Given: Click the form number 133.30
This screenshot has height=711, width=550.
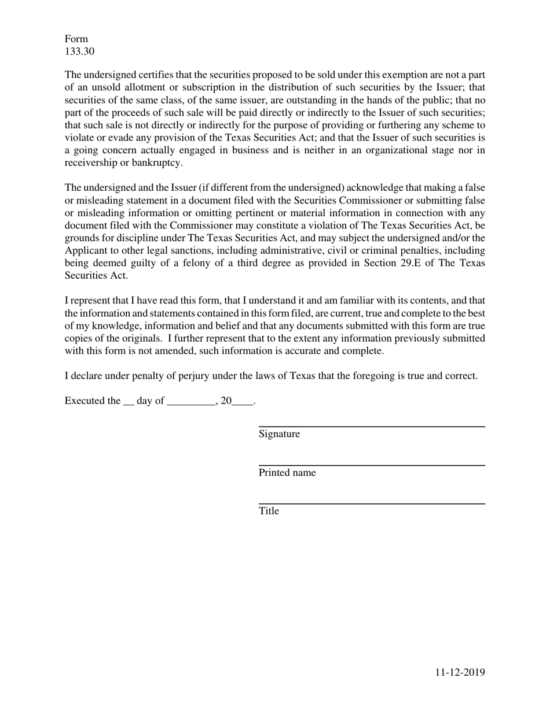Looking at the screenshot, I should tap(79, 51).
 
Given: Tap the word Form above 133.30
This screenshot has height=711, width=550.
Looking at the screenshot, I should tap(76, 39).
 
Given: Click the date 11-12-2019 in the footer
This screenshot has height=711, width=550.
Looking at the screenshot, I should tap(460, 672).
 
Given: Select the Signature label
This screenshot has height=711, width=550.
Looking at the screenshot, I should tap(279, 434).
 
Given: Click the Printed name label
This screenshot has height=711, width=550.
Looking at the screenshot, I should tap(287, 473).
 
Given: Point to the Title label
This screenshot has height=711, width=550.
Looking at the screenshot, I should tap(269, 511).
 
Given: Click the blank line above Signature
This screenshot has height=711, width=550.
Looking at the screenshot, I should tap(371, 427).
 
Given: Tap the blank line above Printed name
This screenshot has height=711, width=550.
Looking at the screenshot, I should tap(371, 465).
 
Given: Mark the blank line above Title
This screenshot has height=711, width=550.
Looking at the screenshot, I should tap(371, 503).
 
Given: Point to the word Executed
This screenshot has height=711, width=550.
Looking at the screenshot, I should tap(83, 401).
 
